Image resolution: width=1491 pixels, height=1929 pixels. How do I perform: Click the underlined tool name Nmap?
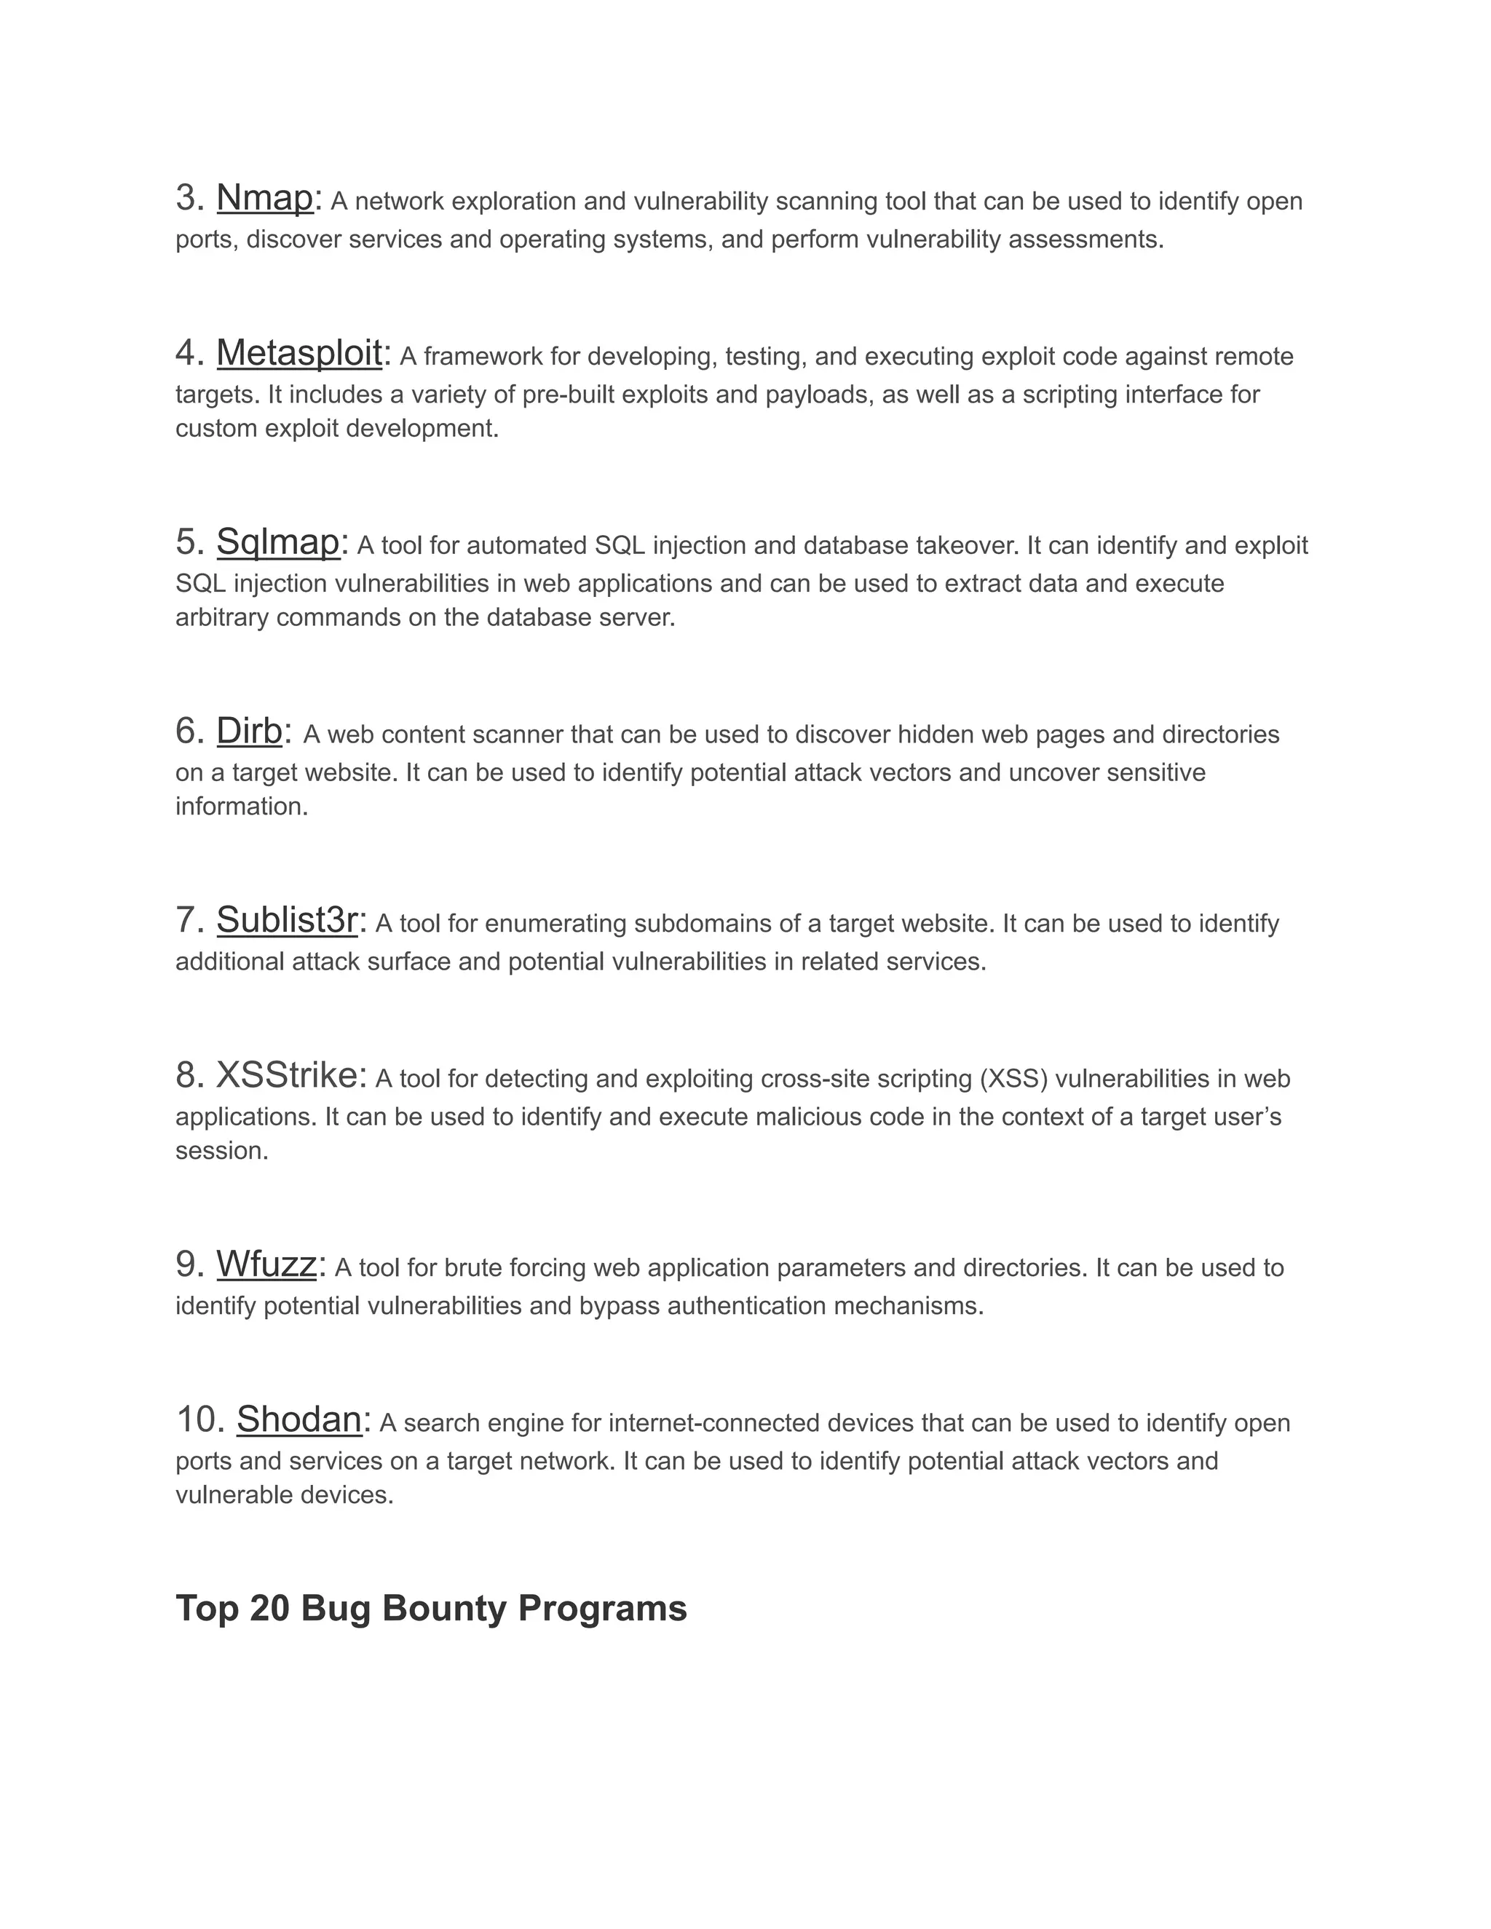tap(264, 198)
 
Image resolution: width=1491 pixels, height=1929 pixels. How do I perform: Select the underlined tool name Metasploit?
tap(298, 353)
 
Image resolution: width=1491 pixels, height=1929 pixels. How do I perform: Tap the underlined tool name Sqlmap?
tap(277, 542)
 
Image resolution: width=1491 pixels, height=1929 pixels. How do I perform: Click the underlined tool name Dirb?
tap(249, 732)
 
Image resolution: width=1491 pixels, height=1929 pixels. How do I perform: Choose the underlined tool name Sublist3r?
tap(286, 920)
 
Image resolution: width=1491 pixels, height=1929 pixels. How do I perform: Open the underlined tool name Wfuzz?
tap(266, 1265)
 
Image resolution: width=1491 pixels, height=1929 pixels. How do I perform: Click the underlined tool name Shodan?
tap(298, 1420)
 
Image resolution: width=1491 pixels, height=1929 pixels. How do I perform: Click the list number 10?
tap(199, 1420)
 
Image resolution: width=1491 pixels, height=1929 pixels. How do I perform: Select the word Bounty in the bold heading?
tap(444, 1609)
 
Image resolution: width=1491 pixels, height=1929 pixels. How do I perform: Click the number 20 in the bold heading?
tap(269, 1609)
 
